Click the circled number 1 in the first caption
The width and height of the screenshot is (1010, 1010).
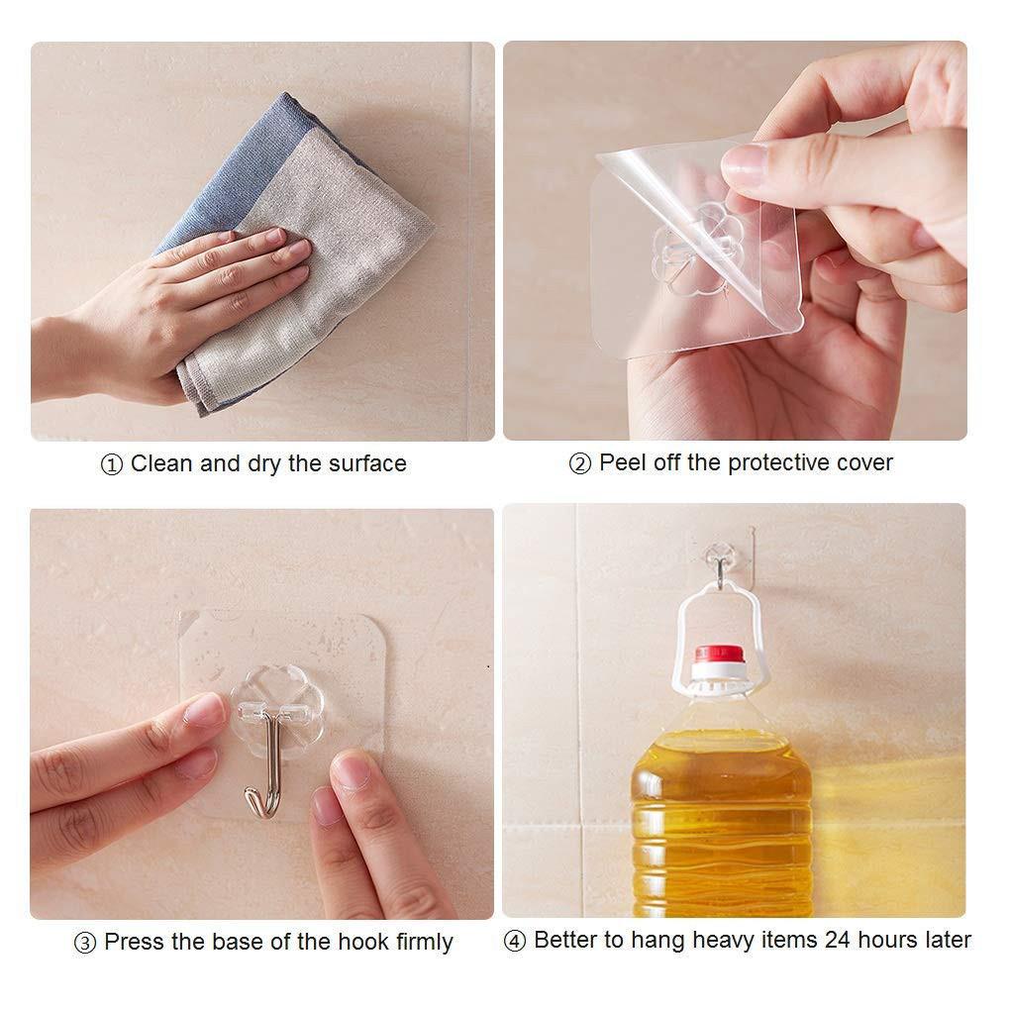(112, 464)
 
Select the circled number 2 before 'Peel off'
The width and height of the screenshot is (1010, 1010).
(579, 463)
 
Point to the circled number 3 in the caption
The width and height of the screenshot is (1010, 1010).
(85, 943)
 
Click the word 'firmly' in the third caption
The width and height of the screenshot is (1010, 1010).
(424, 942)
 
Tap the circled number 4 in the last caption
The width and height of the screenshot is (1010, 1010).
(515, 941)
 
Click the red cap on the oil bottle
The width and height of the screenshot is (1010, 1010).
(718, 655)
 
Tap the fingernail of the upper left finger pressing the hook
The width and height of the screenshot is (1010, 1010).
(208, 708)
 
